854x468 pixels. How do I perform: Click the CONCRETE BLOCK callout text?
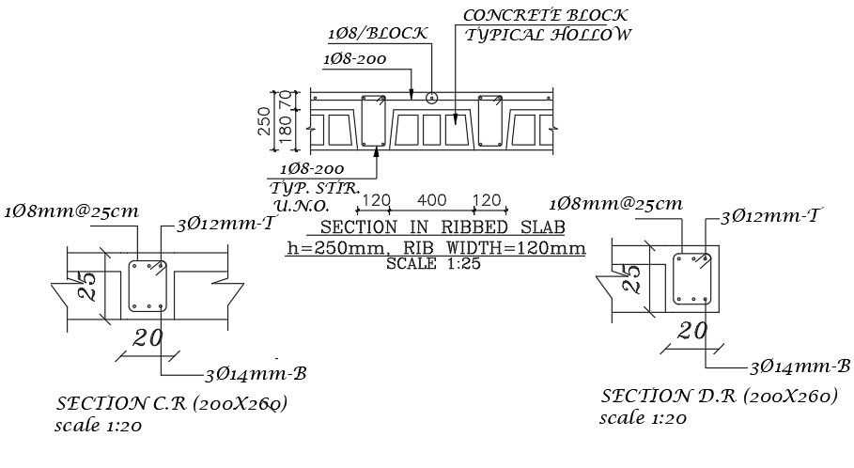click(546, 15)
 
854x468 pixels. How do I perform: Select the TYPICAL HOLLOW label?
click(550, 35)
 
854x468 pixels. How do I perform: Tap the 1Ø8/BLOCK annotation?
click(379, 33)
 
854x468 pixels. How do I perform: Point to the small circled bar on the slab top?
click(431, 97)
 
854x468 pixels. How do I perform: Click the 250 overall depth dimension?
click(266, 120)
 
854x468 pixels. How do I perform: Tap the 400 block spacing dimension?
click(432, 200)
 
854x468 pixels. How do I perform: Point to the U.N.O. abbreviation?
click(300, 205)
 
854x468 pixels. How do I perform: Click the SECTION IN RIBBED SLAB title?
click(435, 227)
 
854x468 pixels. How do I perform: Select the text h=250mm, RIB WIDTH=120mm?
click(436, 248)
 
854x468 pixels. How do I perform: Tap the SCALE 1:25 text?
click(435, 264)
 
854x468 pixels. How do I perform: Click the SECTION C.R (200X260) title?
click(173, 404)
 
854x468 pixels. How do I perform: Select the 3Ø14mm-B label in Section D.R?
click(800, 366)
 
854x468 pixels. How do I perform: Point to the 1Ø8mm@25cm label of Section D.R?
click(615, 203)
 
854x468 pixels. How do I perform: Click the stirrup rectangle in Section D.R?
click(693, 278)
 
